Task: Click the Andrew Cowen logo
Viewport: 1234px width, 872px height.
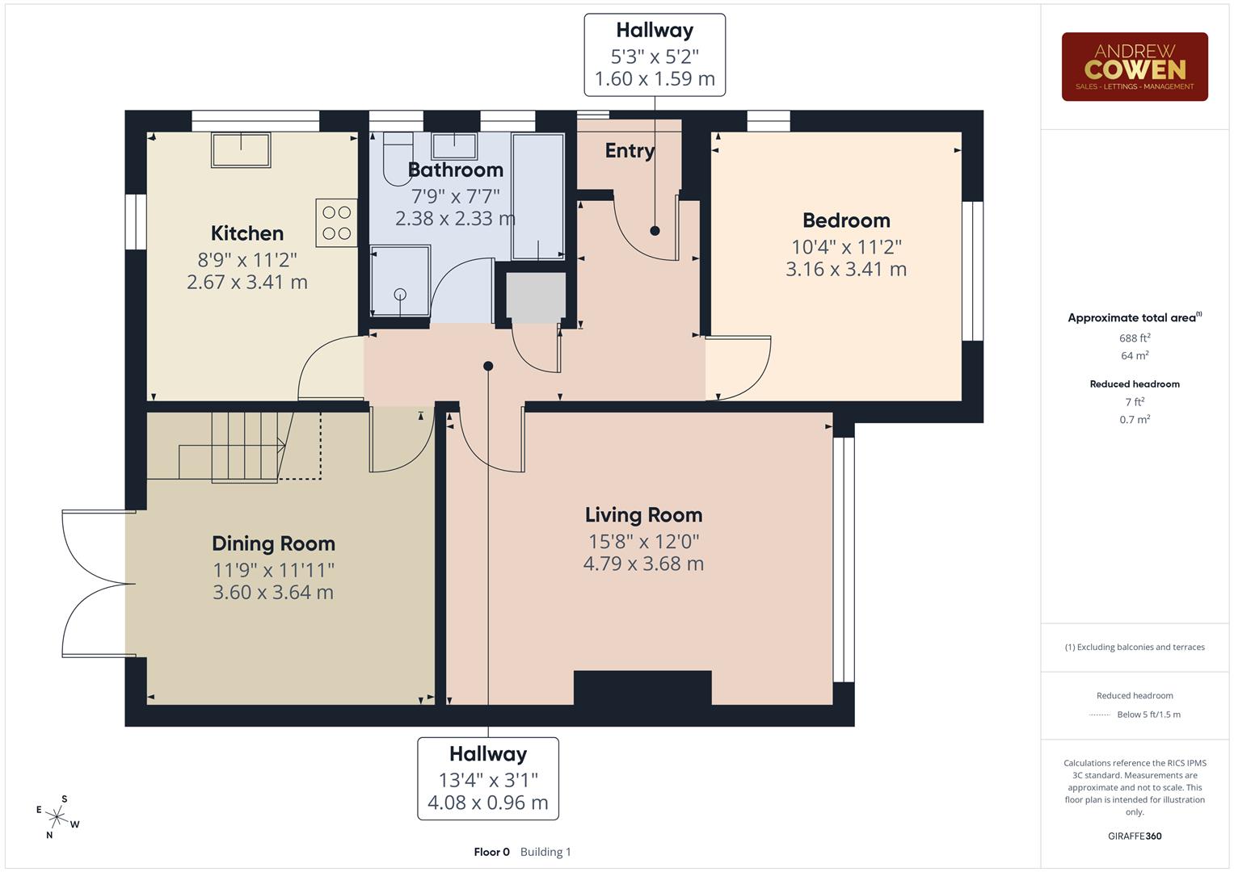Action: click(1134, 66)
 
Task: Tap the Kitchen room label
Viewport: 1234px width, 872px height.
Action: click(246, 233)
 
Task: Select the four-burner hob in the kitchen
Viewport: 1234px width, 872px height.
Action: click(336, 223)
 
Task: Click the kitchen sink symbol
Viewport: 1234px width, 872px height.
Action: click(241, 150)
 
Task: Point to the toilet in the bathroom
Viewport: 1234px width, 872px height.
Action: click(397, 158)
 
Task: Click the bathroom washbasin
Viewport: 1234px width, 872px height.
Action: click(453, 146)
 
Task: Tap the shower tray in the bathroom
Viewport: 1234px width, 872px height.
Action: click(400, 281)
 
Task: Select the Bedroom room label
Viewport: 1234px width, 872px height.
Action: click(846, 220)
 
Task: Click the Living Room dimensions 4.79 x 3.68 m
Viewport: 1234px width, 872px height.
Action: click(643, 564)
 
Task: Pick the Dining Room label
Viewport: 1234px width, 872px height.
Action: click(273, 543)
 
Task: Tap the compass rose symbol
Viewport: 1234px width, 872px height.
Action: click(57, 816)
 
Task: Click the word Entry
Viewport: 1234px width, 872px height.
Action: click(630, 151)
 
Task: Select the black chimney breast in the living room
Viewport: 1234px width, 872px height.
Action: click(642, 687)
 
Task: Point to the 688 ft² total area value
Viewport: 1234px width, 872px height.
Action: click(1135, 338)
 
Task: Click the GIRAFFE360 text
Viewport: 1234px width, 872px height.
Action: click(1135, 836)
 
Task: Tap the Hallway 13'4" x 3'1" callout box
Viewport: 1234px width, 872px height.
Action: click(488, 778)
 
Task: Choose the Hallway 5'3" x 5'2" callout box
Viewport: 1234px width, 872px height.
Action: click(655, 55)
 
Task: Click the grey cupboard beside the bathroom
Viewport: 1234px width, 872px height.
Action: click(536, 296)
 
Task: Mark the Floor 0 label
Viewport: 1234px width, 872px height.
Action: click(491, 852)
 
